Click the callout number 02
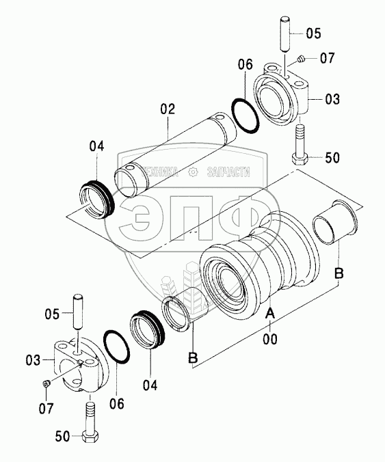pyautogui.click(x=168, y=109)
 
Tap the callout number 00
pyautogui.click(x=270, y=339)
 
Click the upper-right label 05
pyautogui.click(x=313, y=33)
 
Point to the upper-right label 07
pyautogui.click(x=328, y=58)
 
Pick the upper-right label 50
pyautogui.click(x=332, y=158)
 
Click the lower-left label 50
pyautogui.click(x=62, y=436)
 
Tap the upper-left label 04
pyautogui.click(x=97, y=146)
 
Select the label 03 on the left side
pyautogui.click(x=33, y=360)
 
